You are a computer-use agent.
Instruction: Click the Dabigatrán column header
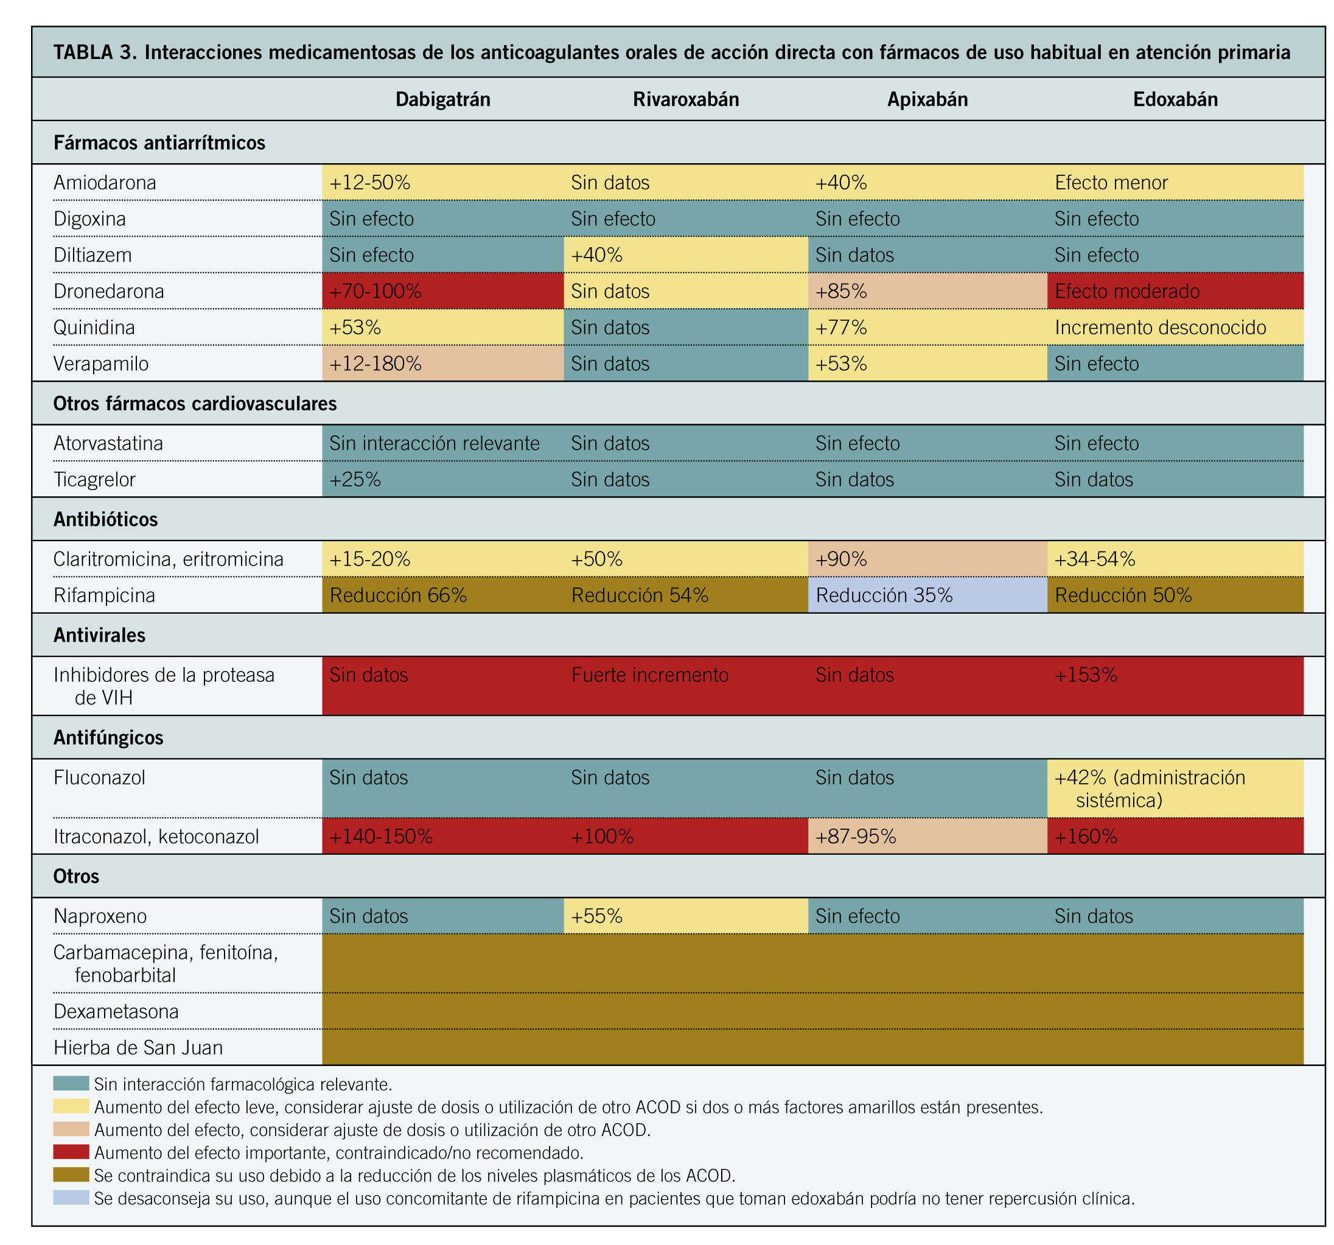442,99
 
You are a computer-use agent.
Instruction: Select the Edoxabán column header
1175,99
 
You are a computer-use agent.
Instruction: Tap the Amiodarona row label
105,183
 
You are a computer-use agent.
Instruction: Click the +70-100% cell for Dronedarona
375,291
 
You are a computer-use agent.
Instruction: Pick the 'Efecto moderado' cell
1126,291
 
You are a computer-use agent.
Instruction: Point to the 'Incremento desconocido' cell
1160,328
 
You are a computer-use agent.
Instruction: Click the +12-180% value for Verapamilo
375,364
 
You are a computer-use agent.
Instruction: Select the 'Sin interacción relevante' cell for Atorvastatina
434,444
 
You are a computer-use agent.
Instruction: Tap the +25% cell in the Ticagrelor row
355,480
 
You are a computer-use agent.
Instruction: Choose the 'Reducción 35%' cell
884,595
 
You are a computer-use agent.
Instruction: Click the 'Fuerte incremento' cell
649,675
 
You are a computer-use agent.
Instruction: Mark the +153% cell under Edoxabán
1086,675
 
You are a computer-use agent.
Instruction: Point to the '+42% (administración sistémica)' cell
1150,788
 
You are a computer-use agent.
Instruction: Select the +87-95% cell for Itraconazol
856,837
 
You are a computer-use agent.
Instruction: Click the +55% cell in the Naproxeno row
596,916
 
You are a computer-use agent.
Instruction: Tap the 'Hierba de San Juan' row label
138,1048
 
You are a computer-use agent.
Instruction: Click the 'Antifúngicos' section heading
108,738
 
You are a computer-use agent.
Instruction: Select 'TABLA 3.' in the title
94,52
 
